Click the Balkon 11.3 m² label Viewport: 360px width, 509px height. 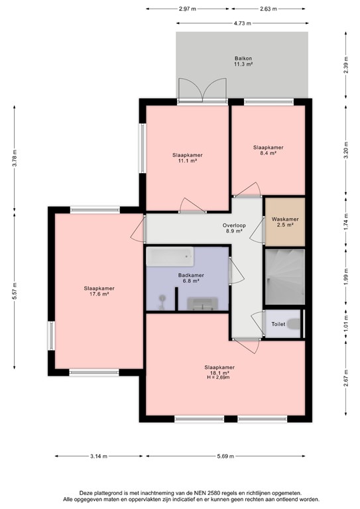coord(243,62)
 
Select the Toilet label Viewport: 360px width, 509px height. coord(278,324)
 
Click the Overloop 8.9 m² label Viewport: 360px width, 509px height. coord(234,229)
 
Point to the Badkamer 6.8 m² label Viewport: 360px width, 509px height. coord(191,278)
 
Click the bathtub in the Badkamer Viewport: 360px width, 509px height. coord(170,256)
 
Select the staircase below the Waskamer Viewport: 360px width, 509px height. coord(284,277)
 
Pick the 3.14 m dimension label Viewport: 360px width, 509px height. coord(99,456)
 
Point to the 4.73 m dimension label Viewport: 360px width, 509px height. coord(242,23)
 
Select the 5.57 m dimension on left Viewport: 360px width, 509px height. coord(14,289)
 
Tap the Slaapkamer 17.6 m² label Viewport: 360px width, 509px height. coord(96,291)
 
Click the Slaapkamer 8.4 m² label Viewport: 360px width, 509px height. coord(269,150)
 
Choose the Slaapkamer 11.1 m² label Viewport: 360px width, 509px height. coord(186,158)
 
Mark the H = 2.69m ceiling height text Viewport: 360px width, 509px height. coord(219,377)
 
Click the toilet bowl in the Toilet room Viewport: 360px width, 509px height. coord(296,324)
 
